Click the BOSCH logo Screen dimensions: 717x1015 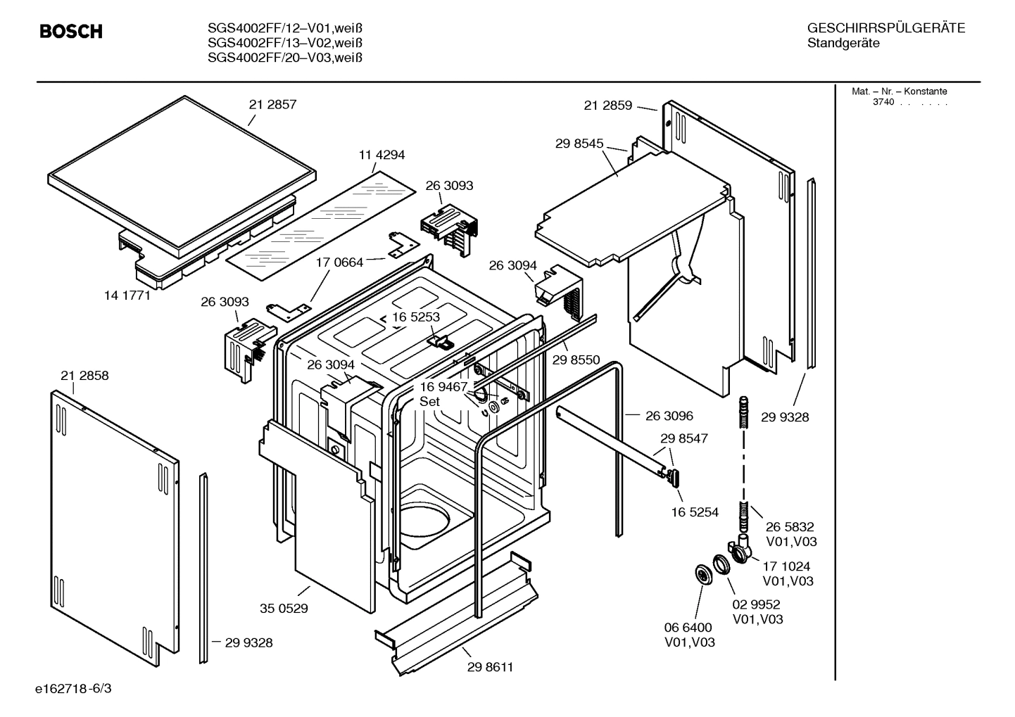(70, 32)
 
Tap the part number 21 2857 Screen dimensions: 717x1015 (272, 105)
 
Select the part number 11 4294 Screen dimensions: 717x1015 (382, 155)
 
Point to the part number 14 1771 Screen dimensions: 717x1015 (127, 296)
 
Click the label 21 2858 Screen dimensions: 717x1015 (84, 376)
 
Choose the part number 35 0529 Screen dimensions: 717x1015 (284, 609)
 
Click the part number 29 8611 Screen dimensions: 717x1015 (490, 667)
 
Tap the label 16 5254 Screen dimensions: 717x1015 (695, 512)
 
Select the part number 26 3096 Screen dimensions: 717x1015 (669, 416)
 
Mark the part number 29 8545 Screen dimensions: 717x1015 (579, 144)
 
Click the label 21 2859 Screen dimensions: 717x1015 (608, 106)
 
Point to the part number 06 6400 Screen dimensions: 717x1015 (688, 627)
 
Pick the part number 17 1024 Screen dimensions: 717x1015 (786, 566)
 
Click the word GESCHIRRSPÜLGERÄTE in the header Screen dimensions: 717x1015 (885, 28)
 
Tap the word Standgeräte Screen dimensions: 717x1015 (843, 44)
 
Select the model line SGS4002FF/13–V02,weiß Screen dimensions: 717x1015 (285, 43)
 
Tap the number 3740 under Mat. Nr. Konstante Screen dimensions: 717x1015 (883, 102)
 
